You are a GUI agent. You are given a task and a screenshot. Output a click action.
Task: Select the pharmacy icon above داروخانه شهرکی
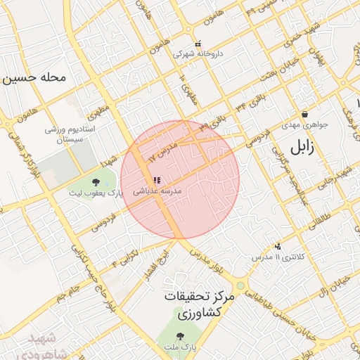(198, 43)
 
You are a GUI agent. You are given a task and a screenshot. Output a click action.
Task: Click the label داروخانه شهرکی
(193, 53)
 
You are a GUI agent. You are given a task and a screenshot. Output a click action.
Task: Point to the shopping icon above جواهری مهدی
(304, 115)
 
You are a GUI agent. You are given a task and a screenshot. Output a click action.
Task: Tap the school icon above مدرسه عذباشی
(156, 181)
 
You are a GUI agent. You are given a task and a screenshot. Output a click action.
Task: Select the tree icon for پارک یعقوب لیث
(96, 183)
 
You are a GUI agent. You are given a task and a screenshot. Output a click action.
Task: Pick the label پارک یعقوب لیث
(100, 193)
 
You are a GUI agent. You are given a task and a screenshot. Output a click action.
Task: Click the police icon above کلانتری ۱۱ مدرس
(278, 247)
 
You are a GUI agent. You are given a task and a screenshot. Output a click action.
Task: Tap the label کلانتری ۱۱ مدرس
(280, 257)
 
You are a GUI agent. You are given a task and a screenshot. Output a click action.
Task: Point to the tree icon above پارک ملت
(180, 336)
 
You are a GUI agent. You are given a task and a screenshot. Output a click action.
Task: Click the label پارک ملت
(181, 347)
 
